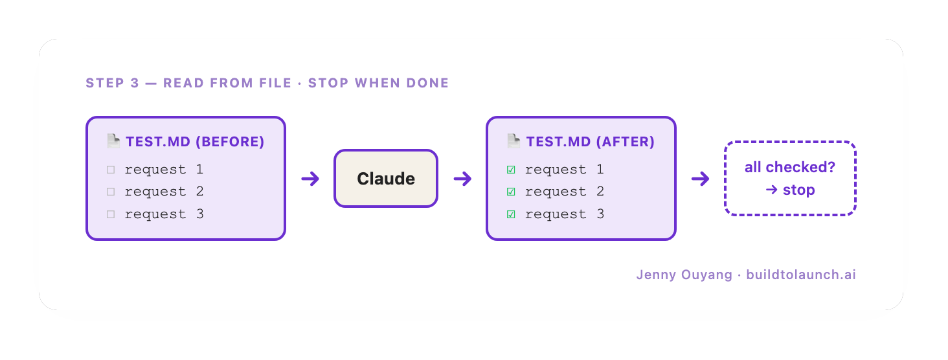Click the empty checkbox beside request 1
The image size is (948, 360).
tap(111, 170)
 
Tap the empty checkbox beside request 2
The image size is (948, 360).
tap(111, 192)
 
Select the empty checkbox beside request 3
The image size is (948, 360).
tap(111, 214)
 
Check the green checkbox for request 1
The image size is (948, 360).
tap(512, 170)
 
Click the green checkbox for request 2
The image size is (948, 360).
tap(512, 192)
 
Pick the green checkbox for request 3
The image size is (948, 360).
tap(512, 214)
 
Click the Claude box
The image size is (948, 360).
tap(385, 179)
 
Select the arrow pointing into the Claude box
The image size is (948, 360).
tap(310, 179)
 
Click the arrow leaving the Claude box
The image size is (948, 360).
tap(462, 179)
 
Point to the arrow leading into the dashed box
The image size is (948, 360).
tap(701, 179)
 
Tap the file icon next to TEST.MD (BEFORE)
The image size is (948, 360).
tap(113, 141)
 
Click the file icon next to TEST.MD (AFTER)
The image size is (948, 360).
tap(513, 141)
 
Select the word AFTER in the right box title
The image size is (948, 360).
tap(626, 142)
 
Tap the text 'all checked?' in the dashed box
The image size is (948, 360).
tap(790, 167)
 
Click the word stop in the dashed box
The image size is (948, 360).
tap(798, 190)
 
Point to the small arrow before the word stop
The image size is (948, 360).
tap(771, 190)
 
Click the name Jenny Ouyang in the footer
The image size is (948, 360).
tap(684, 275)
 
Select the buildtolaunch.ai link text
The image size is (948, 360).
tap(801, 275)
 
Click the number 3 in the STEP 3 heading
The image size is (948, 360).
tap(135, 83)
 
